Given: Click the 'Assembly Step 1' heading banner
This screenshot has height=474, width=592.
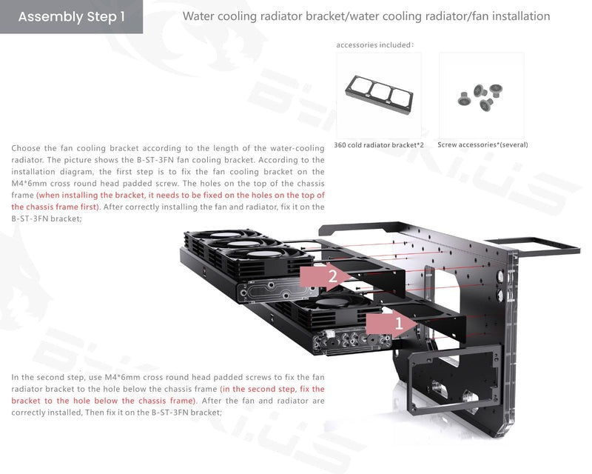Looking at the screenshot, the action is tap(71, 16).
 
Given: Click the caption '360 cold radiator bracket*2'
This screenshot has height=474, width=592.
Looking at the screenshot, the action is tap(379, 145).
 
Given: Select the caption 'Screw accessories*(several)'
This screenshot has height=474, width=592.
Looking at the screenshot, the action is tap(482, 144).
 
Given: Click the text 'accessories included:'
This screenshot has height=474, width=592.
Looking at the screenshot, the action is tap(375, 45).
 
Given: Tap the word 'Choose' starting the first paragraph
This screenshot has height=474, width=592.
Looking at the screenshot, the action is tap(25, 148).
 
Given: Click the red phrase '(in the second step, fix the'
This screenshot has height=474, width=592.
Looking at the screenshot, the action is tap(272, 389).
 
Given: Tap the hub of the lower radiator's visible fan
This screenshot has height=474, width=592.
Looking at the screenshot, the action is tap(332, 302).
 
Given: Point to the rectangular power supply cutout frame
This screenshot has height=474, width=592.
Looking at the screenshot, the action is tap(412, 378).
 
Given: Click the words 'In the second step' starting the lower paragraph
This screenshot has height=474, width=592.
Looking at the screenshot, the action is tap(47, 377).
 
